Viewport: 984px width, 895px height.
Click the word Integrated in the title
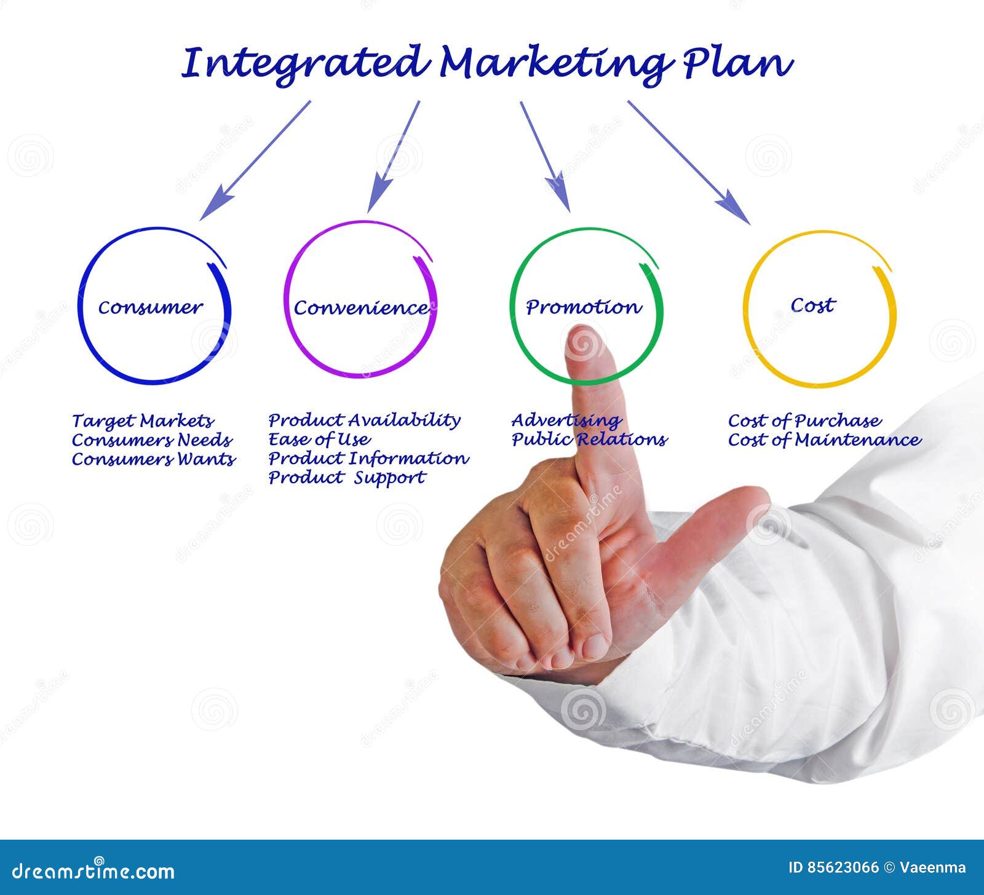(304, 63)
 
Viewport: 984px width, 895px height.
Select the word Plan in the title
(737, 63)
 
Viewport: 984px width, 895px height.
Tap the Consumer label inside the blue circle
(150, 307)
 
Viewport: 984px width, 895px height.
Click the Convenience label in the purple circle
(361, 307)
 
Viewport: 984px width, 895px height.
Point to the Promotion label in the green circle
(583, 307)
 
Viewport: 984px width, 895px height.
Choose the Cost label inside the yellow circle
(812, 305)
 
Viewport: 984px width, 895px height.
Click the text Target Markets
(143, 421)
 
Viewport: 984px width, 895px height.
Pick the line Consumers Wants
(154, 459)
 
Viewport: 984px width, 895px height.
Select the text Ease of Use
(319, 440)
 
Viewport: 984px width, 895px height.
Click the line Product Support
(347, 478)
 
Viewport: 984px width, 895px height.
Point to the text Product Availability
(364, 420)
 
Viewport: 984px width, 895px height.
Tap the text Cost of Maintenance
(824, 440)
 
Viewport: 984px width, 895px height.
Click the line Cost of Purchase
(804, 421)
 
